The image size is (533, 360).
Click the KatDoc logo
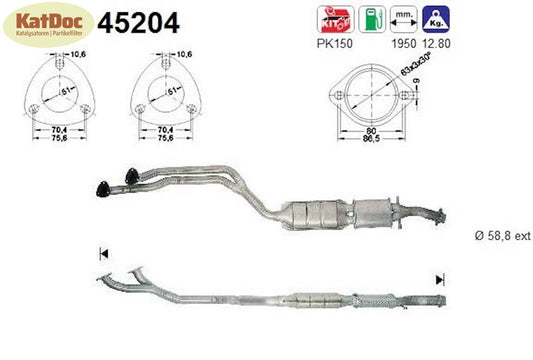[43, 27]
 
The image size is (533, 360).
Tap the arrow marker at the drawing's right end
[437, 279]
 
